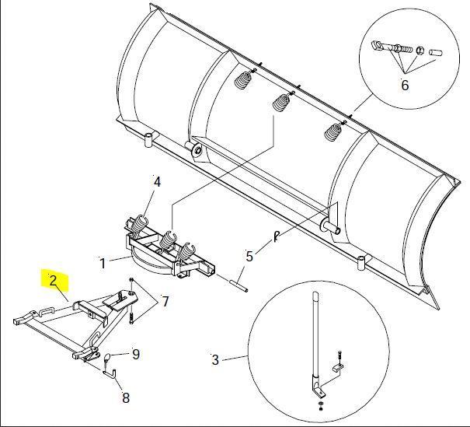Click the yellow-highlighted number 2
point(54,281)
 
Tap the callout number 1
point(103,264)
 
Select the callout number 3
point(215,360)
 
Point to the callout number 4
point(157,182)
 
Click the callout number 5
point(249,257)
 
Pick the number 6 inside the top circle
point(405,86)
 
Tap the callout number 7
point(165,301)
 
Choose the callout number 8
point(126,398)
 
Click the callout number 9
point(136,355)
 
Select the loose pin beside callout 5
point(238,285)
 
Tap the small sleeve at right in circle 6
point(436,53)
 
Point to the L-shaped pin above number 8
point(110,374)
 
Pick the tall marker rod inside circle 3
point(315,339)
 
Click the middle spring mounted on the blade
point(281,102)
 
